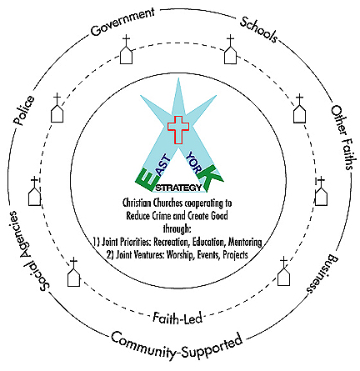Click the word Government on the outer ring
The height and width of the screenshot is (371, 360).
pos(122,22)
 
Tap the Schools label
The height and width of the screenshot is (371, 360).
pos(258,30)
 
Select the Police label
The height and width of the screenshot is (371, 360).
pos(24,110)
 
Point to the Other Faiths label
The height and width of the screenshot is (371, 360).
pos(342,138)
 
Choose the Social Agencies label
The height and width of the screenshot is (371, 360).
pos(27,251)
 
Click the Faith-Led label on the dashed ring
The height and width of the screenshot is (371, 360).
pos(177,318)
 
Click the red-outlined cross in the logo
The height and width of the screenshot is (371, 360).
pos(178,130)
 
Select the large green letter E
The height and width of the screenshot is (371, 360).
pos(146,180)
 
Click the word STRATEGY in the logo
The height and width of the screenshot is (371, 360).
pos(178,188)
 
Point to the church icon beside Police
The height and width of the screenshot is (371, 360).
pos(57,108)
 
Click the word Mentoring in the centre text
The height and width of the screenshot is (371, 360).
pos(245,242)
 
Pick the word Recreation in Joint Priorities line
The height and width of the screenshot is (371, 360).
pos(172,242)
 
